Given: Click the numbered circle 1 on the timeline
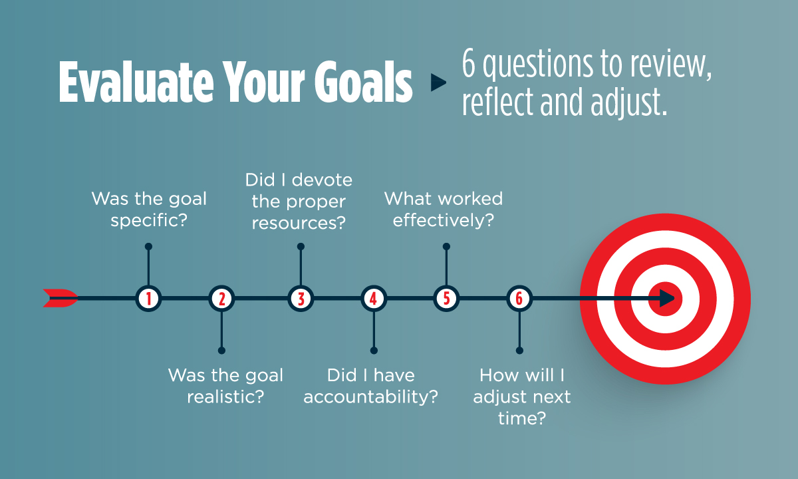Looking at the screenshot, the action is pyautogui.click(x=148, y=299).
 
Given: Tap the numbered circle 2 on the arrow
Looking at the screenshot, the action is pyautogui.click(x=221, y=299).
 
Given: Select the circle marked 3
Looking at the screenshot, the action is pyautogui.click(x=301, y=299).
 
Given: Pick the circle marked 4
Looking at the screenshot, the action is pyautogui.click(x=373, y=299).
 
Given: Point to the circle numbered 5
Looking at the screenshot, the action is pyautogui.click(x=446, y=299).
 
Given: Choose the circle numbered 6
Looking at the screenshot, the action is pyautogui.click(x=519, y=299).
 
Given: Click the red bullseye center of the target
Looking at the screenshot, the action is pyautogui.click(x=665, y=299).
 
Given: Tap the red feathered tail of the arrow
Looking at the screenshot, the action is pyautogui.click(x=61, y=298).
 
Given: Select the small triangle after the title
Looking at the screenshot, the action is pyautogui.click(x=438, y=82).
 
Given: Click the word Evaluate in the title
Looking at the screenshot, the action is pyautogui.click(x=136, y=82).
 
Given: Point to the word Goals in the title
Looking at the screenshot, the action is pyautogui.click(x=363, y=82).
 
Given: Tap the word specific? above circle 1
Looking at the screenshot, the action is pyautogui.click(x=149, y=221).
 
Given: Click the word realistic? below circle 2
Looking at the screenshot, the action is pyautogui.click(x=225, y=397).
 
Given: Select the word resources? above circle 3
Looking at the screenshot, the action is pyautogui.click(x=299, y=224).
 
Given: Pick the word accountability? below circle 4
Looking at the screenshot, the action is pyautogui.click(x=370, y=397).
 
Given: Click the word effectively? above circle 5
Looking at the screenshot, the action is pyautogui.click(x=444, y=220).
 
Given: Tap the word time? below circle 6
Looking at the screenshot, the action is pyautogui.click(x=522, y=418).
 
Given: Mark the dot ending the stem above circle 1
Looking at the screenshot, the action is pyautogui.click(x=148, y=247).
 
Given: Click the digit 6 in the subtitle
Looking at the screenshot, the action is pyautogui.click(x=469, y=63).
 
